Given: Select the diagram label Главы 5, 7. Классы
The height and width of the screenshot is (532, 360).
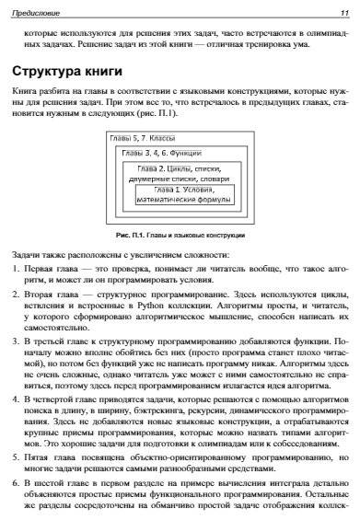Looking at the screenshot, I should pos(142,138).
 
